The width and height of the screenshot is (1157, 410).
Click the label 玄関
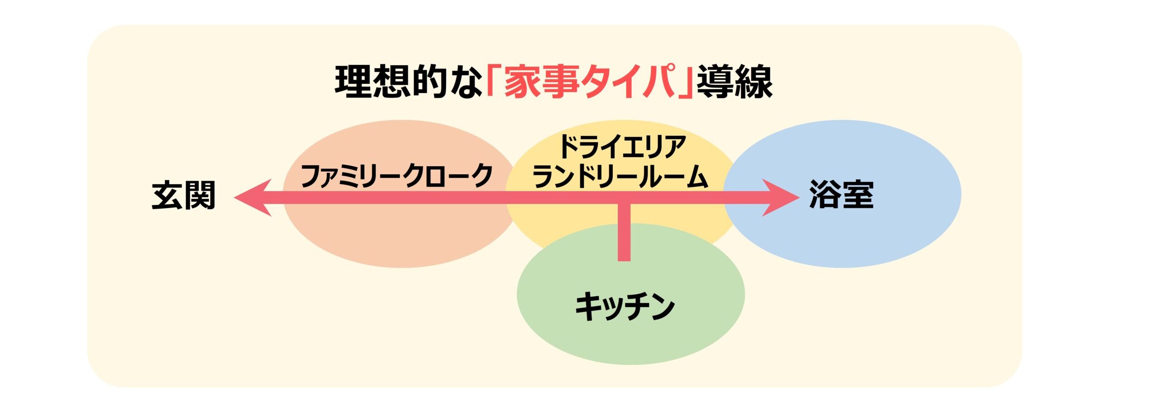(183, 196)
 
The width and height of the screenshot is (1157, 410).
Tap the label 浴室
(842, 195)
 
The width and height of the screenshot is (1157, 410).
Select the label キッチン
(625, 307)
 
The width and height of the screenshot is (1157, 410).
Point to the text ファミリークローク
(396, 175)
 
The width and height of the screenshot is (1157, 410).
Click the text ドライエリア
(622, 147)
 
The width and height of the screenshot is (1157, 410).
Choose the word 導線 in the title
(734, 82)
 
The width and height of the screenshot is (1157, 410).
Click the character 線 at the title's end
(754, 82)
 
